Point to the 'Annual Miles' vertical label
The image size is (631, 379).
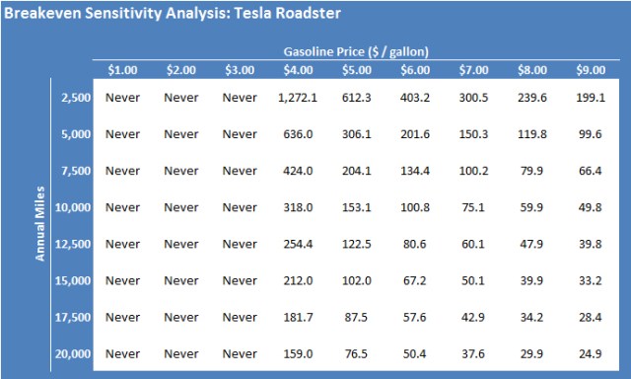click(x=40, y=225)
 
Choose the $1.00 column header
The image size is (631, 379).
click(x=123, y=69)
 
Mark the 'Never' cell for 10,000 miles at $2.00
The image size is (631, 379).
click(x=181, y=207)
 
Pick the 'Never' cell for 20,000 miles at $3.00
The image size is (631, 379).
click(x=240, y=352)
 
